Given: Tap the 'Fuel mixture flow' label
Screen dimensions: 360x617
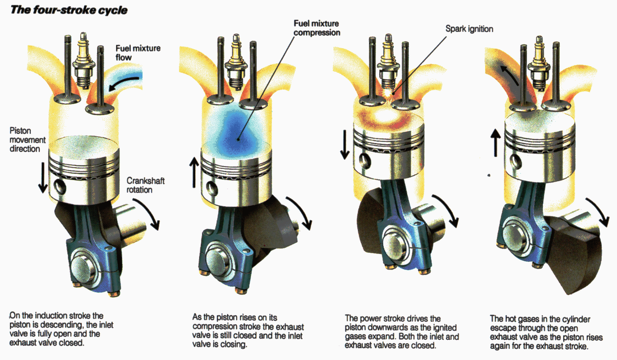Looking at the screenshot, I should [x=137, y=53].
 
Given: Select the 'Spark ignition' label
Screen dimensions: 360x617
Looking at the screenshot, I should [x=469, y=28].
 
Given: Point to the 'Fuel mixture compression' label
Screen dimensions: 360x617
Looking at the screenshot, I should [x=317, y=28].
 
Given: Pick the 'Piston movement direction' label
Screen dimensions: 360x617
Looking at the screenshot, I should [x=25, y=139].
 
